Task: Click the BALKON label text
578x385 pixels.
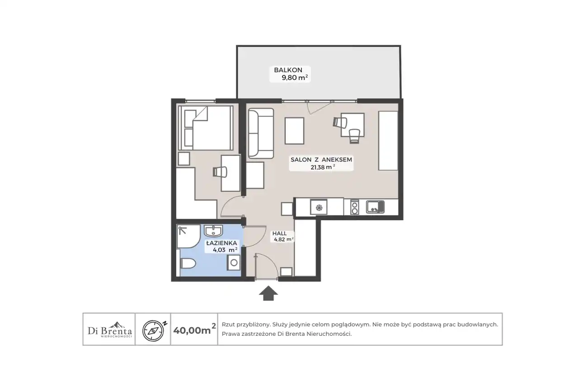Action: click(x=288, y=70)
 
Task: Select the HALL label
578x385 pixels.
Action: click(x=279, y=233)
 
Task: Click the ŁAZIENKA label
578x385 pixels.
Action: click(x=221, y=243)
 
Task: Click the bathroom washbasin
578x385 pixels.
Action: click(x=213, y=231)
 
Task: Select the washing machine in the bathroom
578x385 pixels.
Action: click(x=234, y=263)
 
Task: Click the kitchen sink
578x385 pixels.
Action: click(x=375, y=207)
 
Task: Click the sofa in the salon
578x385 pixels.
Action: click(x=261, y=133)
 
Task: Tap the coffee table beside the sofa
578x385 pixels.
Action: click(x=294, y=130)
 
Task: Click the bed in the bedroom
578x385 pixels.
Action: click(x=206, y=128)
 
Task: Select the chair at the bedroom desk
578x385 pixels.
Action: click(x=220, y=172)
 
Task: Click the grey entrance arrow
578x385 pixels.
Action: click(x=268, y=293)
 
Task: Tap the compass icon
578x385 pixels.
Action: click(x=153, y=331)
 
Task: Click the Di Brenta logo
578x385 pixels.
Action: click(x=110, y=330)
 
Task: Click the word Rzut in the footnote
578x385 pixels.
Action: click(x=228, y=325)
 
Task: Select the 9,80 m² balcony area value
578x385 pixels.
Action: click(x=295, y=77)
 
